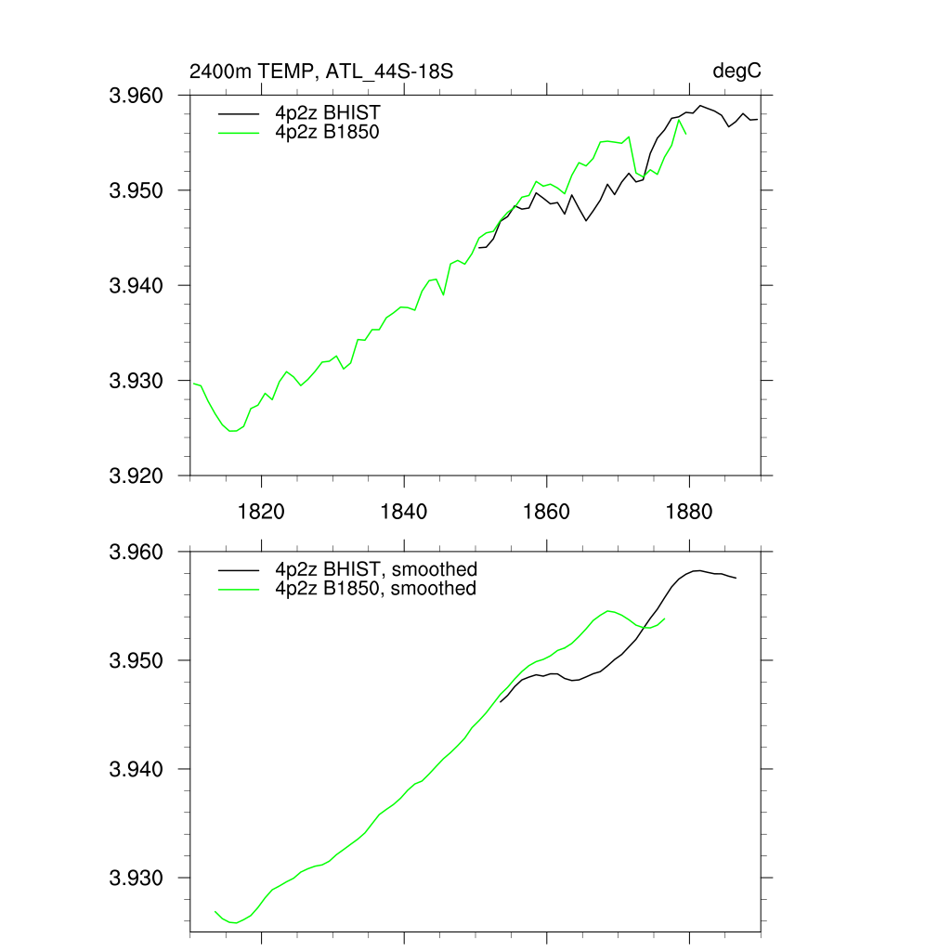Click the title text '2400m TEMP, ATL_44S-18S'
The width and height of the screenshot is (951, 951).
[320, 72]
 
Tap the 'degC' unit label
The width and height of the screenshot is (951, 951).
[737, 72]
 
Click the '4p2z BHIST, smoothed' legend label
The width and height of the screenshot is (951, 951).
[374, 569]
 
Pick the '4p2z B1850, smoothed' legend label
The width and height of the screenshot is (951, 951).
[374, 588]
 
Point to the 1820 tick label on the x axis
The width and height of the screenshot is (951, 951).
[262, 512]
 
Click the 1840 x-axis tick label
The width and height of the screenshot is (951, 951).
[404, 512]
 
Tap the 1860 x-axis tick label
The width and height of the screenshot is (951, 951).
[547, 512]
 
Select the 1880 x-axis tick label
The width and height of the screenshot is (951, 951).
[689, 512]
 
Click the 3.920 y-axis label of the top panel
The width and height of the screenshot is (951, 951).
[137, 475]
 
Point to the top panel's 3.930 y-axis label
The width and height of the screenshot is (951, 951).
[137, 381]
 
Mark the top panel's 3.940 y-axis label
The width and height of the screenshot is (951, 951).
[137, 285]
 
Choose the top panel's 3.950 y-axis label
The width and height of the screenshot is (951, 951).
[137, 190]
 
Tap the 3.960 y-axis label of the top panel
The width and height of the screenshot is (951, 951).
[137, 96]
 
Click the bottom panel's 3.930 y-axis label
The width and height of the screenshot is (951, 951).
[137, 878]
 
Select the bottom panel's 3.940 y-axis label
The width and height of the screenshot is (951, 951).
[137, 769]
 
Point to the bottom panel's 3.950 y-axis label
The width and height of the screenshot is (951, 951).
[137, 660]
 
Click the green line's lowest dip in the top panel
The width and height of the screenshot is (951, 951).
[232, 431]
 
